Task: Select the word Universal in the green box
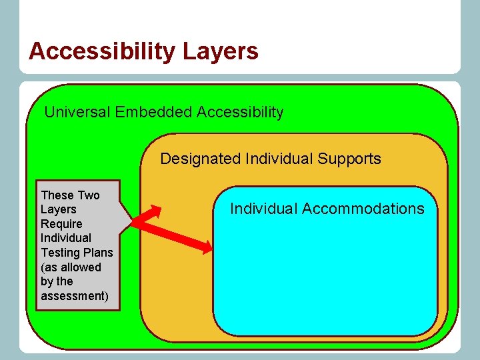[77, 112]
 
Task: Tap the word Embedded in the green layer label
[153, 112]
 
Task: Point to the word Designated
[201, 159]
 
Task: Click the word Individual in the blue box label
[263, 209]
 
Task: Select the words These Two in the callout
[70, 195]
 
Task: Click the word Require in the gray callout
[61, 224]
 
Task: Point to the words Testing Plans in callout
[77, 253]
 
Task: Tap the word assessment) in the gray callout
[74, 296]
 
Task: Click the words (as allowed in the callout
[71, 267]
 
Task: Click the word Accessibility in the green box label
[240, 112]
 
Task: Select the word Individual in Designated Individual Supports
[279, 159]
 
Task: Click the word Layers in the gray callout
[59, 209]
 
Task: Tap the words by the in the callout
[57, 281]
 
